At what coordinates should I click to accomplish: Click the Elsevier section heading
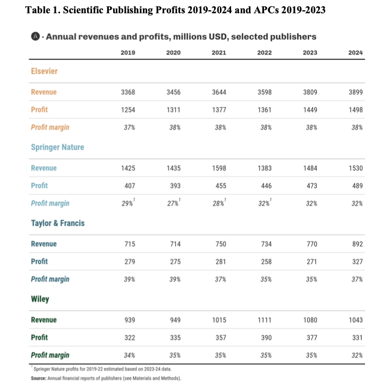point(44,71)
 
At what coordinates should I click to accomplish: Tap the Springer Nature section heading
point(57,147)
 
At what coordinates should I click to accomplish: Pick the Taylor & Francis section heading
point(58,223)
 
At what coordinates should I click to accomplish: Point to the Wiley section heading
point(40,299)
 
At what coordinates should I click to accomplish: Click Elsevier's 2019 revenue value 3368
point(128,92)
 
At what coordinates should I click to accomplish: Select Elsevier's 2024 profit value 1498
point(355,109)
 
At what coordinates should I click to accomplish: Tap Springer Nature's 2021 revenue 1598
point(218,168)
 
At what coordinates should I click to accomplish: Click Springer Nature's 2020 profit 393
point(173,185)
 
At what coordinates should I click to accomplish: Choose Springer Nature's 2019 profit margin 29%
point(128,203)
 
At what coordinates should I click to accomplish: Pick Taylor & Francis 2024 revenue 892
point(355,244)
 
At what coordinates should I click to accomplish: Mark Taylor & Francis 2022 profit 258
point(264,261)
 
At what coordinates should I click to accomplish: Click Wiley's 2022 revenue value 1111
point(264,320)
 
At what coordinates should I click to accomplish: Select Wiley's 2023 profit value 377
point(310,337)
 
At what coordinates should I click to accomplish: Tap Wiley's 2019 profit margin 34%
point(128,355)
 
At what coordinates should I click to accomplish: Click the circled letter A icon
point(35,37)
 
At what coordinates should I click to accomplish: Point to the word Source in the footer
point(40,377)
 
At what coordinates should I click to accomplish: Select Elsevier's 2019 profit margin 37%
point(128,127)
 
